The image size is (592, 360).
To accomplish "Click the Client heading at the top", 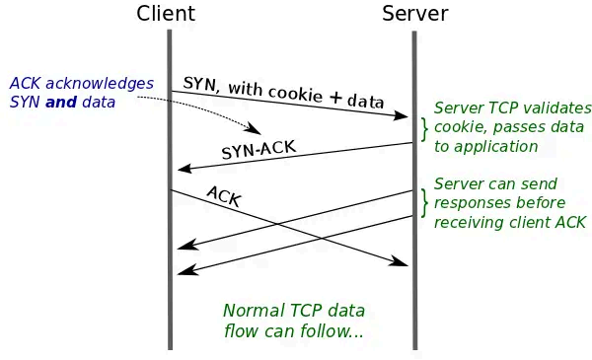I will (166, 14).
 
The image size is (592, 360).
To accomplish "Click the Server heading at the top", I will (414, 14).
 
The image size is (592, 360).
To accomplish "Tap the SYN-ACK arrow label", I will (259, 151).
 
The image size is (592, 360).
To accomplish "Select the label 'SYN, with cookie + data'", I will (282, 91).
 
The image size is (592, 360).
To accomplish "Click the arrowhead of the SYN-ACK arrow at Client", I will (183, 170).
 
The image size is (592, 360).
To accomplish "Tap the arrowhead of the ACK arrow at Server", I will (403, 263).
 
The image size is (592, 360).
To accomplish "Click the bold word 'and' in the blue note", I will (63, 103).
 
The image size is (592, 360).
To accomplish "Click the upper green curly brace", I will (424, 128).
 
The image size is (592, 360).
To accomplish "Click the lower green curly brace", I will (424, 202).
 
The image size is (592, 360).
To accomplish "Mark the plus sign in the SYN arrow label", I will (335, 98).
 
